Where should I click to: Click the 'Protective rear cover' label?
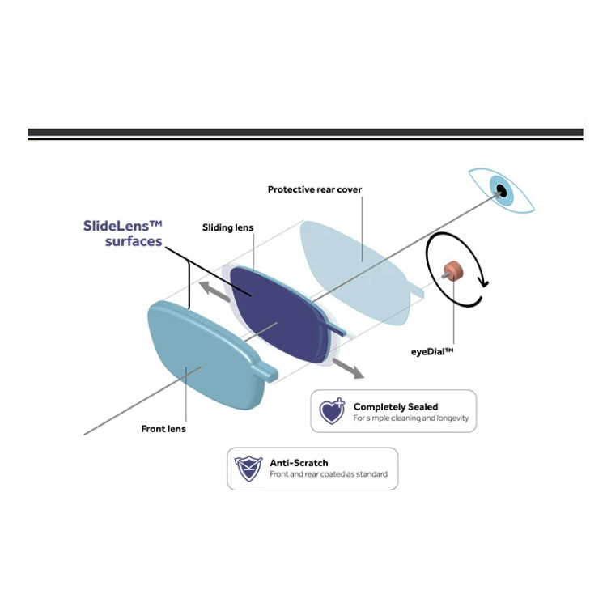pyautogui.click(x=315, y=189)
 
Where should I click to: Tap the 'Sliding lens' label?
pyautogui.click(x=227, y=228)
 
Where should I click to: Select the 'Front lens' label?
pyautogui.click(x=163, y=429)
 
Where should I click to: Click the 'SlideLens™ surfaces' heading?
pyautogui.click(x=122, y=234)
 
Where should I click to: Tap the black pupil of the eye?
pyautogui.click(x=502, y=191)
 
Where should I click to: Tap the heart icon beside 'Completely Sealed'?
pyautogui.click(x=332, y=411)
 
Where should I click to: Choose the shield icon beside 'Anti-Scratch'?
pyautogui.click(x=248, y=469)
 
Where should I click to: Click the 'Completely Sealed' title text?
pyautogui.click(x=396, y=406)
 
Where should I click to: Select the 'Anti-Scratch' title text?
pyautogui.click(x=299, y=463)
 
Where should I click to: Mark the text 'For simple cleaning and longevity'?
pyautogui.click(x=410, y=419)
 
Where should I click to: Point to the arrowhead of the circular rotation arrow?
pyautogui.click(x=485, y=282)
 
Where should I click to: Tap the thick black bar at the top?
pyautogui.click(x=305, y=133)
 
